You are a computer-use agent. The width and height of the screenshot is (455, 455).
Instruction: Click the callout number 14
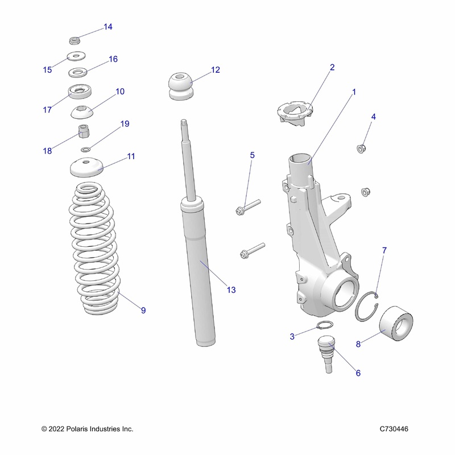107,27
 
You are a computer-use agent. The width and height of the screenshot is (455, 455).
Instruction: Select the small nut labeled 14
73,40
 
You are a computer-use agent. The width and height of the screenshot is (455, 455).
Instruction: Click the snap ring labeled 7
366,308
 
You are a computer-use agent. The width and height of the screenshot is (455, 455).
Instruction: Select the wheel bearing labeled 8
395,324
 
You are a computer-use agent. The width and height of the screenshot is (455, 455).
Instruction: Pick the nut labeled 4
360,149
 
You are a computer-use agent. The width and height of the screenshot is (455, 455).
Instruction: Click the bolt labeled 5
247,208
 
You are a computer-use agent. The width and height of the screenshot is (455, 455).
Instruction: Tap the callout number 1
353,91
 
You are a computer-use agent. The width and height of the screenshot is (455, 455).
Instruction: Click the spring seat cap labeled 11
86,167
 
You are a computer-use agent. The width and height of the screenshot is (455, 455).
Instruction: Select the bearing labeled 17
80,92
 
